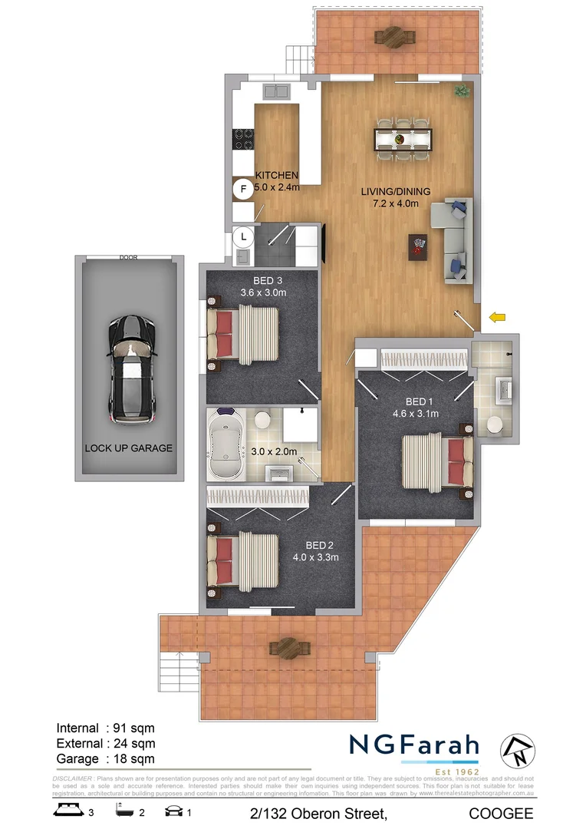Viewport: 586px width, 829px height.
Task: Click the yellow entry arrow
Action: [x=498, y=316]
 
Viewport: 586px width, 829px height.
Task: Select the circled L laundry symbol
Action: [x=244, y=236]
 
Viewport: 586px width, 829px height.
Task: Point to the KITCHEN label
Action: [x=276, y=175]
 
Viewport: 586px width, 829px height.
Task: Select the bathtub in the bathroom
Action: [x=226, y=445]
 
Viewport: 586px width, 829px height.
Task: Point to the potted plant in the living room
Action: [x=461, y=91]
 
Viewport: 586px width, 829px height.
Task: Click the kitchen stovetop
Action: [x=243, y=140]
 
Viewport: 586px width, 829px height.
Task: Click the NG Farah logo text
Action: [x=413, y=745]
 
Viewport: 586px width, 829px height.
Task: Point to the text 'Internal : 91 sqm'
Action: [x=106, y=728]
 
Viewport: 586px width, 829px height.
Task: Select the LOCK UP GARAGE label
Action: [x=129, y=448]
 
